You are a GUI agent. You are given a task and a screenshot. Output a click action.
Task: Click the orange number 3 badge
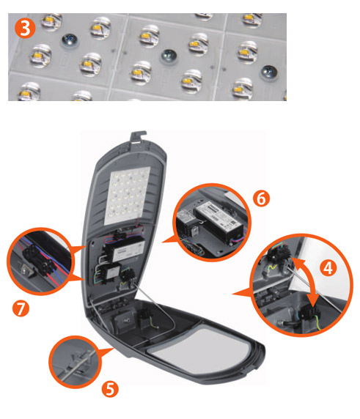pos(25,29)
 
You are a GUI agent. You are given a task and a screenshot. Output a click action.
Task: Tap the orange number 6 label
pos(261,199)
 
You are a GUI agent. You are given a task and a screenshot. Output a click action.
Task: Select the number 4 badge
pos(328,268)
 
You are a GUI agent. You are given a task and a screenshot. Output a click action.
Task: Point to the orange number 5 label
pos(110,389)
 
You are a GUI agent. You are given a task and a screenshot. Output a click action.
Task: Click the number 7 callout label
pos(21,308)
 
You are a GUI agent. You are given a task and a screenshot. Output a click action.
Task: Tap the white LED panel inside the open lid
pos(126,196)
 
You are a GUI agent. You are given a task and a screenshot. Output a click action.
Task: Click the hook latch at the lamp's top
pos(138,138)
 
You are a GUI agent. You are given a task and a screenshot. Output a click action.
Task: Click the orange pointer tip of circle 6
pos(162,242)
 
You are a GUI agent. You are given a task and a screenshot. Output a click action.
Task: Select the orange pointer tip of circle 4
pos(232,294)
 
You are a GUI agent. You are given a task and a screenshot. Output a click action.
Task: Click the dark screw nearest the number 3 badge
pos(69,41)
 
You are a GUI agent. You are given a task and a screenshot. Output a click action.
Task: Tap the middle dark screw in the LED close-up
pos(169,56)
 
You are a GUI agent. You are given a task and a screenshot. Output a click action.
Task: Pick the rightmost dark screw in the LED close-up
pos(269,73)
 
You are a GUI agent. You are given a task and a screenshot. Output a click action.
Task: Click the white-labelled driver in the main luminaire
pos(125,251)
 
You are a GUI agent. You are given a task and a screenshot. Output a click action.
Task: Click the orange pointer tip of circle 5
pos(114,348)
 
